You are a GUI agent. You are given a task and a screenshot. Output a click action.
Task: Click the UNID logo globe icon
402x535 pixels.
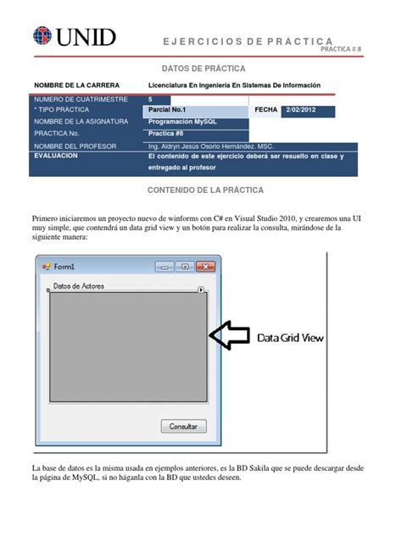pyautogui.click(x=42, y=36)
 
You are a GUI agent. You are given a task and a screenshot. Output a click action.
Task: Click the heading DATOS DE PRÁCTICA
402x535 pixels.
pyautogui.click(x=200, y=67)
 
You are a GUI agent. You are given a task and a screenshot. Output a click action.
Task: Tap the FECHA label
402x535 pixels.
pyautogui.click(x=265, y=111)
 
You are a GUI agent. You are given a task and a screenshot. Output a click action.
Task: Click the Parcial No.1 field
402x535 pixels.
pyautogui.click(x=197, y=111)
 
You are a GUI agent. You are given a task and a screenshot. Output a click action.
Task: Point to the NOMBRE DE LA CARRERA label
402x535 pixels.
pyautogui.click(x=76, y=85)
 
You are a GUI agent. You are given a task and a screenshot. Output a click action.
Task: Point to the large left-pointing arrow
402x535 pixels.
pyautogui.click(x=229, y=336)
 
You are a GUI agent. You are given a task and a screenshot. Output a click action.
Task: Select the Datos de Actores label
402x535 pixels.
pyautogui.click(x=79, y=286)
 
